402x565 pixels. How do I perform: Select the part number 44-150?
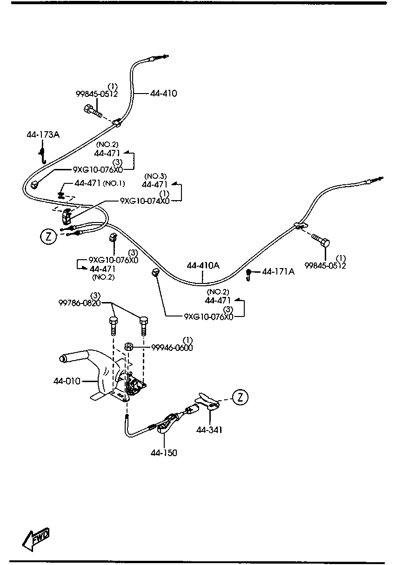(164, 452)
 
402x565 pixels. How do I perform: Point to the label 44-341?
(209, 430)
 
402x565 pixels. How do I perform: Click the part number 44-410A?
(203, 266)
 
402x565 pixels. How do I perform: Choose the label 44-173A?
(43, 135)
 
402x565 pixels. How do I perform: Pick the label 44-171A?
(278, 271)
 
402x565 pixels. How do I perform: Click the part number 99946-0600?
(172, 348)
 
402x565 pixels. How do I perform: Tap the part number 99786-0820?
(80, 303)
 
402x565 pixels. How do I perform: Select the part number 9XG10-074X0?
(145, 201)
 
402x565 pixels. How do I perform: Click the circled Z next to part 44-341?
(240, 397)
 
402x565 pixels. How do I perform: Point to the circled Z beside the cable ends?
(48, 237)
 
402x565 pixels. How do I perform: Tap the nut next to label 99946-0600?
(130, 347)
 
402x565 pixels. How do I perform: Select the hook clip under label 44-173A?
(42, 155)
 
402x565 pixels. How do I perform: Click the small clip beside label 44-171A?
(249, 274)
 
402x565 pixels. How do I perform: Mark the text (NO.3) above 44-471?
(155, 176)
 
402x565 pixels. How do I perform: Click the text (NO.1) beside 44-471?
(114, 183)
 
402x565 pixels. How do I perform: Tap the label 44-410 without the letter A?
(163, 94)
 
